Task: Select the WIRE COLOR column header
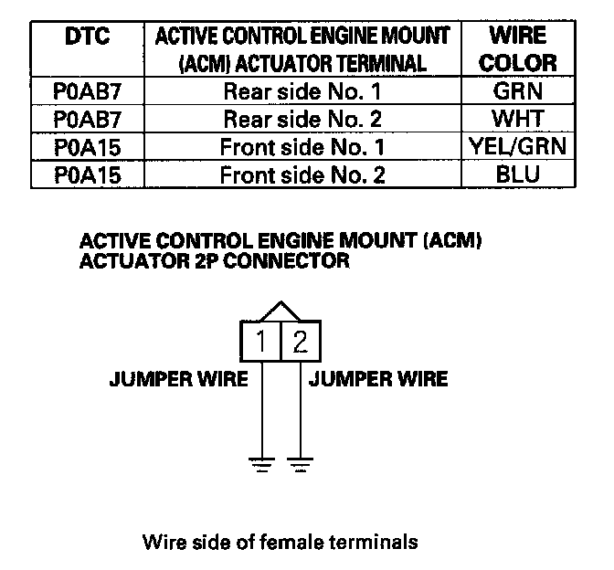click(x=518, y=49)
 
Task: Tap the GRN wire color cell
click(x=518, y=91)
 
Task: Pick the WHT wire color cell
click(x=518, y=119)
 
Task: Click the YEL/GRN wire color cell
click(x=518, y=147)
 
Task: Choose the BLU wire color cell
click(x=518, y=175)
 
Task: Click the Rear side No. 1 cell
click(x=302, y=91)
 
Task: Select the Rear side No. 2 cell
click(x=302, y=119)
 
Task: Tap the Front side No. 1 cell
click(x=302, y=147)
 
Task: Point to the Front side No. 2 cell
click(x=302, y=175)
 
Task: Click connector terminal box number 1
click(x=262, y=342)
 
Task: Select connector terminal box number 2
click(x=301, y=342)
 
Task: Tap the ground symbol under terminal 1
click(x=262, y=463)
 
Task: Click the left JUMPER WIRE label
click(x=179, y=379)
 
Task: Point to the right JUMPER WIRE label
click(x=379, y=379)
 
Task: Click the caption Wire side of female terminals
click(x=281, y=542)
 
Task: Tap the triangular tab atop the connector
click(x=281, y=311)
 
